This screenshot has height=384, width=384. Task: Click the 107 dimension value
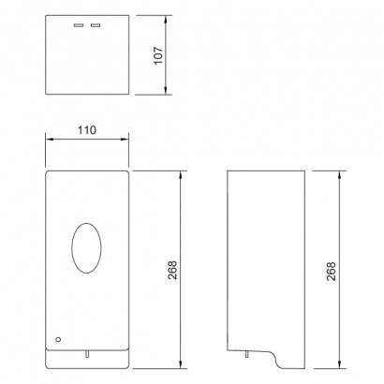[x=158, y=55]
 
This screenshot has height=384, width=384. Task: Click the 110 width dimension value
[x=87, y=130]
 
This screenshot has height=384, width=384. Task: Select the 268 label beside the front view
[x=172, y=270]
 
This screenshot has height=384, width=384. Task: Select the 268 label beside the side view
[x=331, y=271]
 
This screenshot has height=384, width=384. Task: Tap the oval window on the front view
[x=86, y=248]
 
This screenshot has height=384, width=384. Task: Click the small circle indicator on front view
[x=58, y=339]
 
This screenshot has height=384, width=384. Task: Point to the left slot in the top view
[x=79, y=25]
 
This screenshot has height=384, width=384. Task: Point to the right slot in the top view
[x=96, y=25]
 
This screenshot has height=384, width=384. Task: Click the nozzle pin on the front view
[x=87, y=353]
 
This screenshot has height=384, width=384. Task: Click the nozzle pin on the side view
[x=246, y=354]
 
